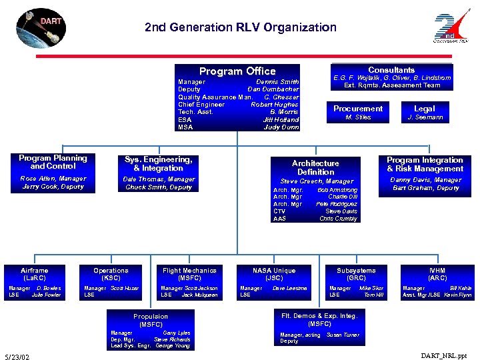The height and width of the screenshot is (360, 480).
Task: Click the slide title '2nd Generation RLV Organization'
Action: pos(240,27)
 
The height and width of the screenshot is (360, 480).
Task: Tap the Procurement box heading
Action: pos(358,109)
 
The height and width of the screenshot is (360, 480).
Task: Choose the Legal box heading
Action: pos(424,109)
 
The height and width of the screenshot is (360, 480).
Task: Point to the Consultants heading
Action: pos(391,70)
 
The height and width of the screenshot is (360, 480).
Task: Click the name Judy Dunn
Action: pos(281,127)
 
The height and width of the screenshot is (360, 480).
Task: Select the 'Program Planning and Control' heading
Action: pos(53,162)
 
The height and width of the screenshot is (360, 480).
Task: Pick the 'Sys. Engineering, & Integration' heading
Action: pos(159,164)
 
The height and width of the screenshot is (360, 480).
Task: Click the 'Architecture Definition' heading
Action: pos(315,167)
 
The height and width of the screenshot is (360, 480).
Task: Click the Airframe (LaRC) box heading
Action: pos(34,274)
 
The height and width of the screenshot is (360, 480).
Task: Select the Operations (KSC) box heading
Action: pos(111,274)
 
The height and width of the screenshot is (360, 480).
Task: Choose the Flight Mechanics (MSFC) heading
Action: pos(189,274)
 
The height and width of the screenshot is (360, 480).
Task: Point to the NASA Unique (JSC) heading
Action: pos(273,274)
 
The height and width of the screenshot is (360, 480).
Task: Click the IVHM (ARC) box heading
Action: pos(437,274)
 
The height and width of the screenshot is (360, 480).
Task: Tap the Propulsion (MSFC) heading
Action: pos(151,320)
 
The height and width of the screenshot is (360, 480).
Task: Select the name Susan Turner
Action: pos(343,335)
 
